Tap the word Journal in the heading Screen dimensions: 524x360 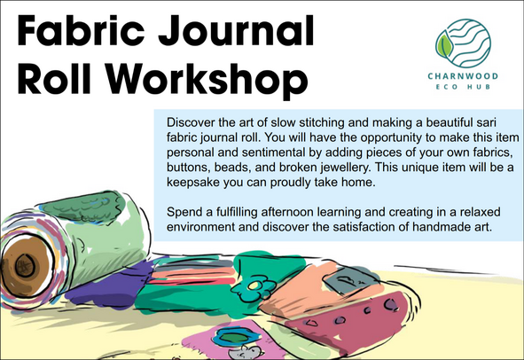point(236,31)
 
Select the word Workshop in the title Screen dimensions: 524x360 point(207,80)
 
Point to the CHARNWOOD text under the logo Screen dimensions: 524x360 point(463,76)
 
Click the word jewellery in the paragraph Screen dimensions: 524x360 point(345,168)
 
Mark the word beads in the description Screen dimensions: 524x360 point(232,168)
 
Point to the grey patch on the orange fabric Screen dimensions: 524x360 point(348,281)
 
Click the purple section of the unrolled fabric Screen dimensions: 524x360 point(110,287)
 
